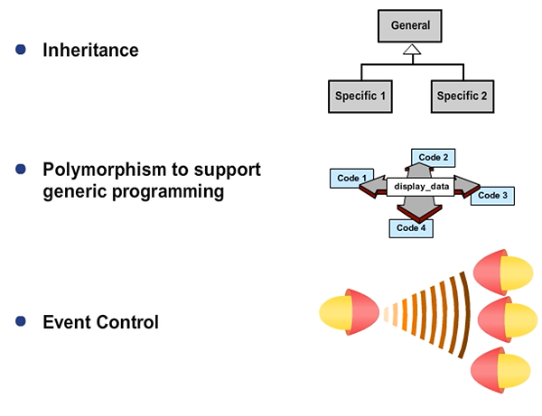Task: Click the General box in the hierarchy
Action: click(x=411, y=26)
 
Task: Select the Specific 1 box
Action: click(x=360, y=96)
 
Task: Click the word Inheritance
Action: click(x=90, y=51)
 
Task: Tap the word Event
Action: click(x=68, y=322)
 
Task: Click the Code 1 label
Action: click(x=350, y=179)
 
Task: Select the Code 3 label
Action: click(x=492, y=195)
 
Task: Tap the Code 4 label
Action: click(x=411, y=227)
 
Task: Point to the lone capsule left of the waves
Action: click(x=349, y=313)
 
